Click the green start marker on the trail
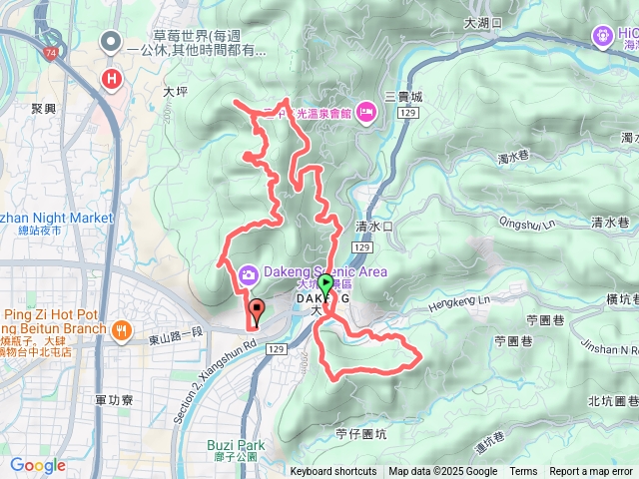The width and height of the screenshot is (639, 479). tap(325, 284)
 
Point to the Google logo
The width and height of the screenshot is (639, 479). tap(38, 465)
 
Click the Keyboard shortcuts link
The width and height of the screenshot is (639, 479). tap(333, 472)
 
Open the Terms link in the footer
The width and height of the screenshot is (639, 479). tap(523, 472)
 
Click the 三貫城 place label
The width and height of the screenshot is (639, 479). tap(403, 97)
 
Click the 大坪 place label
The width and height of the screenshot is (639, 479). tap(175, 90)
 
